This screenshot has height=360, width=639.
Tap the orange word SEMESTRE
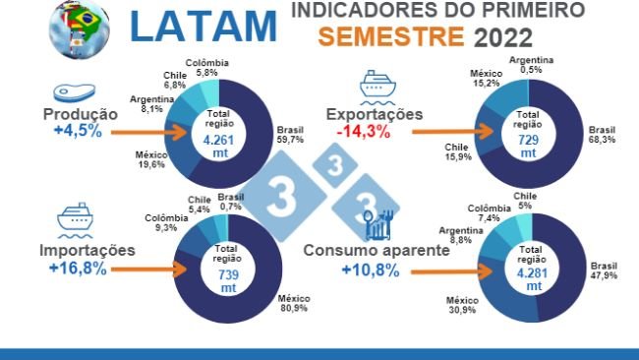(x=391, y=37)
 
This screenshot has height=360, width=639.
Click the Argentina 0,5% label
(x=531, y=64)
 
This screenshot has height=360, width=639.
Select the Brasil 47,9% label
(x=603, y=271)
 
